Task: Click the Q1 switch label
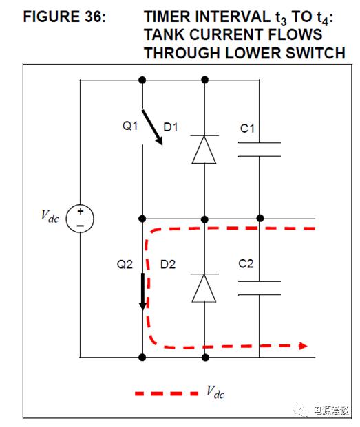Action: (x=130, y=126)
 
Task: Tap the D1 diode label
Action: (x=171, y=127)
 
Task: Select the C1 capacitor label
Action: (x=247, y=129)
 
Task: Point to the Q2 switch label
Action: (x=125, y=264)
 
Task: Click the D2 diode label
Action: (x=168, y=265)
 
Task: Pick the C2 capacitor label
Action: (x=246, y=263)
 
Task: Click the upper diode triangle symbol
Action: (x=204, y=149)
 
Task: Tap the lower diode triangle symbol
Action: (x=204, y=288)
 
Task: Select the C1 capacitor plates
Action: (x=260, y=149)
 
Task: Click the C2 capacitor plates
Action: (x=260, y=288)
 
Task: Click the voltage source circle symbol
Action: (x=80, y=219)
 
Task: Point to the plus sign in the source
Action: (x=81, y=211)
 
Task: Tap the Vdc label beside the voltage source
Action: (x=50, y=217)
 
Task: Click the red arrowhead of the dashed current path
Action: (x=303, y=346)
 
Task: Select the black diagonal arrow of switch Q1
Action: (x=152, y=127)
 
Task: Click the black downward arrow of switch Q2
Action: (x=142, y=292)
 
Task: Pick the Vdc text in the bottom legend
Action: (x=215, y=393)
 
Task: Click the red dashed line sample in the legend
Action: (x=167, y=393)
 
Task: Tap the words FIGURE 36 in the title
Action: (x=64, y=17)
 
